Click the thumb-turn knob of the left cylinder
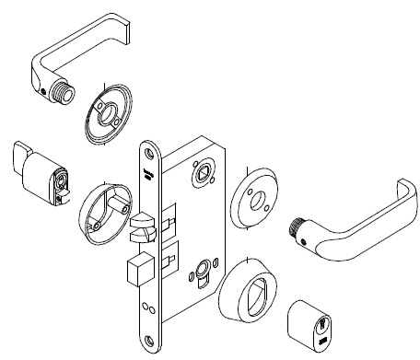tap(21, 159)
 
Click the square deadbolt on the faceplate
tap(135, 273)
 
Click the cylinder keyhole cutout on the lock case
tap(202, 275)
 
